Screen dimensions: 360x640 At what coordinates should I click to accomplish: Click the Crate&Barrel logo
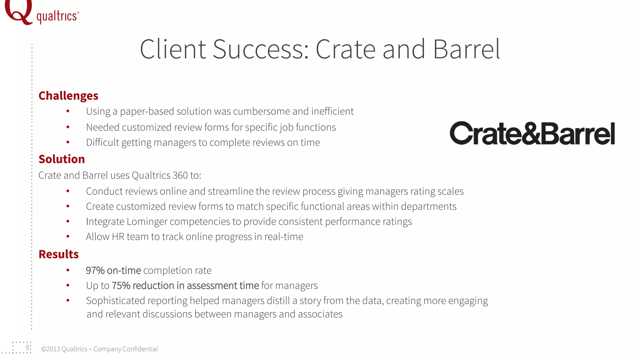coord(532,133)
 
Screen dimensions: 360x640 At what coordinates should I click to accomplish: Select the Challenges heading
coord(68,96)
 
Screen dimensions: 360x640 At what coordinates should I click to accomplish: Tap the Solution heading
coord(62,159)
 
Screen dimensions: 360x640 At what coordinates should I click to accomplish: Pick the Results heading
coord(58,254)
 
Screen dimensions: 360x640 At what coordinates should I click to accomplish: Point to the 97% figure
coord(95,270)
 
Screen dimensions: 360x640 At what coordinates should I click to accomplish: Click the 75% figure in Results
coord(121,286)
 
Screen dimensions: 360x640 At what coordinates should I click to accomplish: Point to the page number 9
coord(27,348)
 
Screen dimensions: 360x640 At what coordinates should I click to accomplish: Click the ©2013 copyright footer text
coord(99,349)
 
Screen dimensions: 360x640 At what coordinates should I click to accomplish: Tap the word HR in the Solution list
coord(118,237)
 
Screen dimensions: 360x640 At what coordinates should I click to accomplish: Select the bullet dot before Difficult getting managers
coord(68,142)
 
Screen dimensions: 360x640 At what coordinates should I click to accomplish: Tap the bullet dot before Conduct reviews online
coord(68,191)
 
